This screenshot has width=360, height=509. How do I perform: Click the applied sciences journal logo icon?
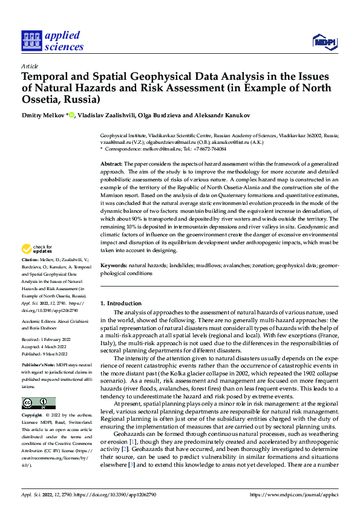coord(31,41)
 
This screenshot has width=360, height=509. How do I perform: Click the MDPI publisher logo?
coord(324,41)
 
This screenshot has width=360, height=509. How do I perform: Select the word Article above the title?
coord(30,66)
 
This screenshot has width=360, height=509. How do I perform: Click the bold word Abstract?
coord(112,164)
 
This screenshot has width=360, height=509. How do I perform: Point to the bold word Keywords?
coord(114,265)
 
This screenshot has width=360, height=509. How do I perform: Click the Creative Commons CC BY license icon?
coord(38,403)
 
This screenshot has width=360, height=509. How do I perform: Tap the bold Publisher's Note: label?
coord(38,366)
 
